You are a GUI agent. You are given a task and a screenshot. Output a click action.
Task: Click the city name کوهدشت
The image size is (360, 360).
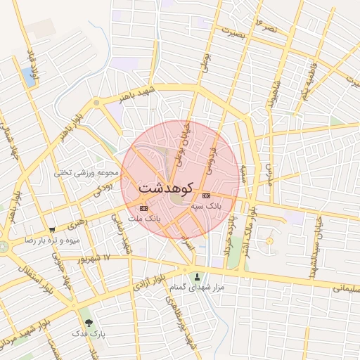coord(166,188)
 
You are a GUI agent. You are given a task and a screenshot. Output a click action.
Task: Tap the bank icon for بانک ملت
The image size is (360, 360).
coord(144,208)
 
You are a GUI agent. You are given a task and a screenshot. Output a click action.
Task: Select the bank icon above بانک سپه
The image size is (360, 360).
coord(206,195)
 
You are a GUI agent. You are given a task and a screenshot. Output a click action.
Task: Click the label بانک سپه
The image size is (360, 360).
coord(206,207)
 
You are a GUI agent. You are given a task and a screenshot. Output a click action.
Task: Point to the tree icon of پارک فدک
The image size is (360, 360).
coord(88,323)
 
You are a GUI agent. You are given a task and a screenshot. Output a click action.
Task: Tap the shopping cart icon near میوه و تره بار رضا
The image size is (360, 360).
coord(52,229)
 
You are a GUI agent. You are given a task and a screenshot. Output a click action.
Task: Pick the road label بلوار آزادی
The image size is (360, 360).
coord(149,279)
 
